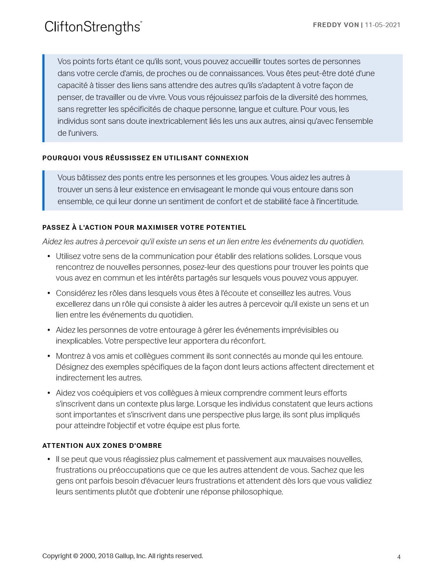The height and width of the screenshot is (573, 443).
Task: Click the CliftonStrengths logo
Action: point(93,27)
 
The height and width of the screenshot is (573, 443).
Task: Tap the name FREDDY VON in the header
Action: point(336,25)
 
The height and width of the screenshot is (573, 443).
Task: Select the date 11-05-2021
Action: point(383,25)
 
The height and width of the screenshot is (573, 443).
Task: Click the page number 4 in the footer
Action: point(399,557)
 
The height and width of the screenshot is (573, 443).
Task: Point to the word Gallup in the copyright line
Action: point(124,556)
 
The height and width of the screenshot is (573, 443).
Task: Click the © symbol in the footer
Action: point(76,556)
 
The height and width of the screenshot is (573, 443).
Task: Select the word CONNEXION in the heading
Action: point(227,158)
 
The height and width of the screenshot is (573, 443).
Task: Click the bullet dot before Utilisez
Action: point(49,256)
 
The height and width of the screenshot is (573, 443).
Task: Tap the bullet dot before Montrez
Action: point(49,356)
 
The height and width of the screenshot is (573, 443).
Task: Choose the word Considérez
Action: point(76,293)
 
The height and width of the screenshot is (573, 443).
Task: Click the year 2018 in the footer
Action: point(105,556)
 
